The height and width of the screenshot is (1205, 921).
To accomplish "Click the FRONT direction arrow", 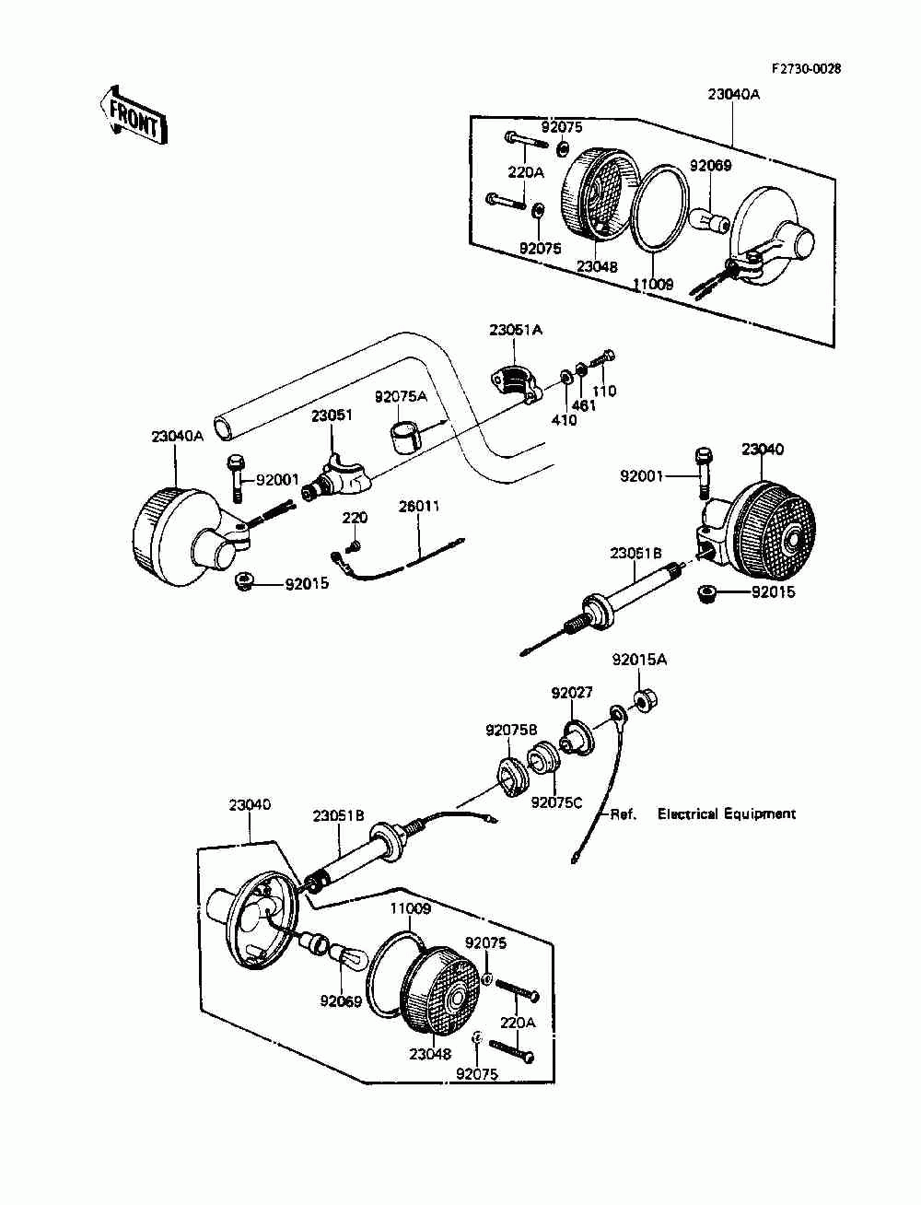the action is (x=133, y=116).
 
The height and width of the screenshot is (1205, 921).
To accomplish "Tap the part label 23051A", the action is (x=516, y=330).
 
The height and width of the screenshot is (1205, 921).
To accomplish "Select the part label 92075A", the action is (x=401, y=396).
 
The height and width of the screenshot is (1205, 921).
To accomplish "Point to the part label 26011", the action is (x=419, y=506).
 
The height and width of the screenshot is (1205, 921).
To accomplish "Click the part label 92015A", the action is (x=639, y=660).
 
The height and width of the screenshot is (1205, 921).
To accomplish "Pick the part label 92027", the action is (x=572, y=693).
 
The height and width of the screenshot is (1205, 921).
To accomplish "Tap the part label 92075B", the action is (x=511, y=731).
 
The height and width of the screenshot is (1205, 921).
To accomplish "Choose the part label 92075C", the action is (x=556, y=802).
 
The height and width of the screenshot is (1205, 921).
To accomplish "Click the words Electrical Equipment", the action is (x=726, y=813).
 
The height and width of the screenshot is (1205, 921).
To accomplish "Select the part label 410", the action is (x=565, y=420).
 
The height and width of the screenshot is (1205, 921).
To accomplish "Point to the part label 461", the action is (x=583, y=405).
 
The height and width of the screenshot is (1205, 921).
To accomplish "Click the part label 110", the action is (x=604, y=391).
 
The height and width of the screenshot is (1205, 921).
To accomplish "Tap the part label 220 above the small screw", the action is (x=356, y=517).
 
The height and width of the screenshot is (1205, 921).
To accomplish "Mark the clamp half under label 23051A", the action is (x=516, y=381).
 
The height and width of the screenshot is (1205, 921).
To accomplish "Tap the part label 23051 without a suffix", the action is (x=332, y=415).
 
